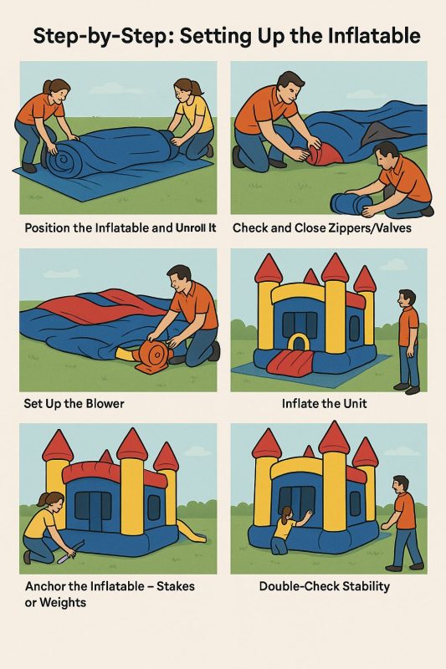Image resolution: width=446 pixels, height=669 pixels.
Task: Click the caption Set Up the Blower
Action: (74, 403)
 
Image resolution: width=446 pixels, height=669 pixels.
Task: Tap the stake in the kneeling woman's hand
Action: (65, 549)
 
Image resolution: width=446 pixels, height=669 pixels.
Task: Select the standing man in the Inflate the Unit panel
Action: (409, 337)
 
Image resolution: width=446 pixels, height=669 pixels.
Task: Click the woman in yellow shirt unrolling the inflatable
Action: (192, 117)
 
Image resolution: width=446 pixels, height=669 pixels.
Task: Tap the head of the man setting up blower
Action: (179, 279)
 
